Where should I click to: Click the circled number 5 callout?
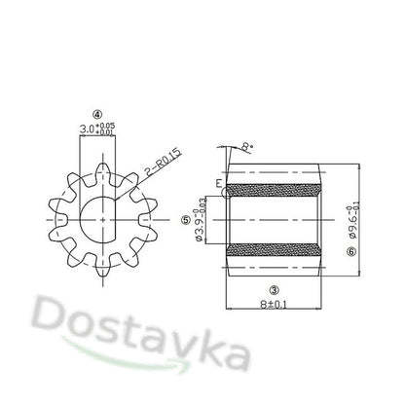click(x=185, y=220)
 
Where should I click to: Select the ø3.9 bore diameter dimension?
click(x=201, y=222)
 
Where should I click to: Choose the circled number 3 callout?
click(x=275, y=289)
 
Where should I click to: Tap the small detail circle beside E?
click(x=226, y=192)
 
